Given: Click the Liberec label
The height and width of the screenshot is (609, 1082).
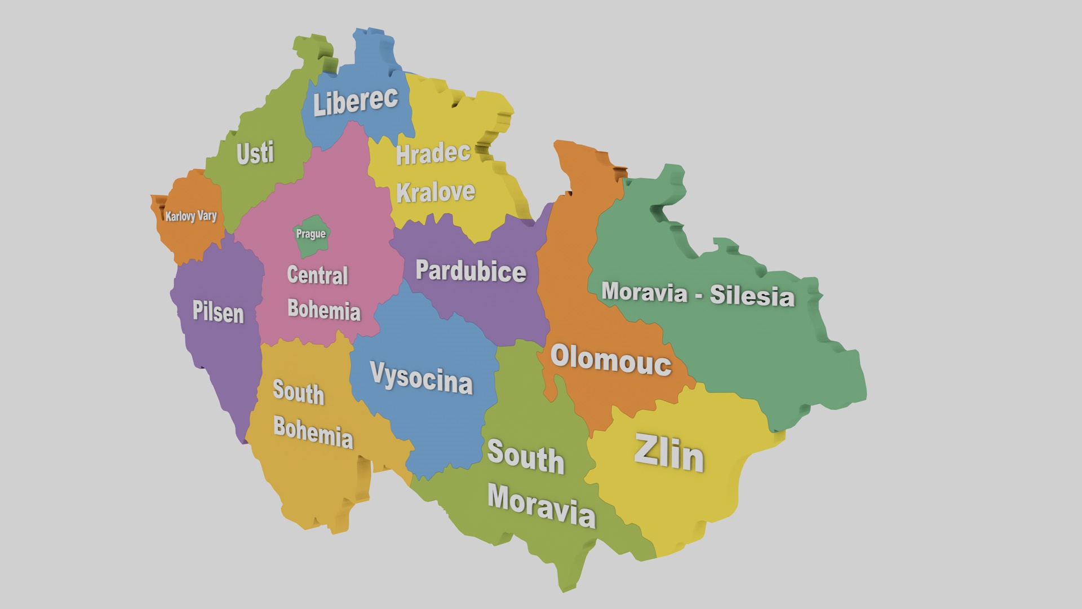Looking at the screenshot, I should (x=355, y=102).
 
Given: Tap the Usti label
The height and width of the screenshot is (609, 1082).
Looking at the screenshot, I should (x=255, y=153).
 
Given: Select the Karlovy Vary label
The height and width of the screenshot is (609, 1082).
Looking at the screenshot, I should (x=190, y=216).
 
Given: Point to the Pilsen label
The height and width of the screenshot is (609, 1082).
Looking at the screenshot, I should (x=218, y=311).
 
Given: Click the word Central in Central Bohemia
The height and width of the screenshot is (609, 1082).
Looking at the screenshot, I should (x=317, y=275).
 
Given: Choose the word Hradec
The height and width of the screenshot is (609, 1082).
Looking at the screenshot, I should (x=433, y=153).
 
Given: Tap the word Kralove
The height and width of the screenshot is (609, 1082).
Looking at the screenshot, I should (x=436, y=192).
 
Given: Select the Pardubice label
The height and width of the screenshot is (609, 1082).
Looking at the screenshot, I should (x=471, y=271).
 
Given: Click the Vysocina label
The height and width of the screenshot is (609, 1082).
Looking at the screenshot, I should (x=421, y=377).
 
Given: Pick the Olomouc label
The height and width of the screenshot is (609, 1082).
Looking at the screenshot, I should (x=611, y=359).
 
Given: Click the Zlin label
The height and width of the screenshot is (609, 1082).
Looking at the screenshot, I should (x=669, y=453).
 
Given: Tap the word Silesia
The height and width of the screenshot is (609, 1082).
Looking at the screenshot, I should (x=752, y=295).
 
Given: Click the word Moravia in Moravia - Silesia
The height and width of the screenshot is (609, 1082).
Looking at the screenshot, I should (x=644, y=292).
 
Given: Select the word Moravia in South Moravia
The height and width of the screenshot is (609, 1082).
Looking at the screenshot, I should (x=541, y=505).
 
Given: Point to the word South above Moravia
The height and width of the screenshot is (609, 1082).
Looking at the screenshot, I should (x=525, y=456).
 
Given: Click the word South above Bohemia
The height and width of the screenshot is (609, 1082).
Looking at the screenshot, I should (x=298, y=392).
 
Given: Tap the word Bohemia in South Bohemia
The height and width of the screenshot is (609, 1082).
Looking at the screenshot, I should (x=313, y=433).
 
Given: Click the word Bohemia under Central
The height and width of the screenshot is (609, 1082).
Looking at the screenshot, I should (x=323, y=310).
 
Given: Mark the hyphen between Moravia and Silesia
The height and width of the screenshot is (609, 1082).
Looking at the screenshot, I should (x=699, y=295).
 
